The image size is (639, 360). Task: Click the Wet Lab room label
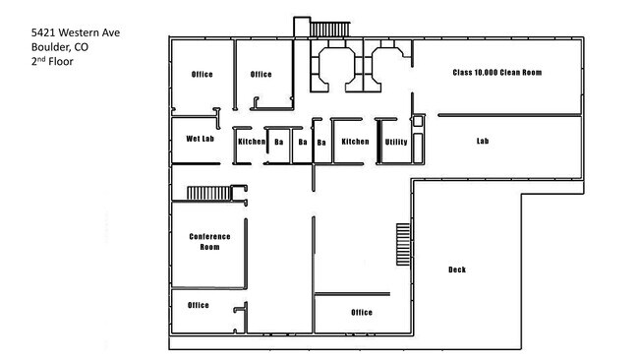point(201,139)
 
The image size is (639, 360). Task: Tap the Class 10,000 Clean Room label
point(497,73)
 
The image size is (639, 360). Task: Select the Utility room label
point(396,142)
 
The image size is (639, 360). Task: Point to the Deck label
point(457,270)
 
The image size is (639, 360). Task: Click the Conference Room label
point(209,242)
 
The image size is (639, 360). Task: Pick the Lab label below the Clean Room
point(483,141)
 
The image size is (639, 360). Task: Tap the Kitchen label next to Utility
point(355,142)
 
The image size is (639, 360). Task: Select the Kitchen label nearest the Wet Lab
point(252,142)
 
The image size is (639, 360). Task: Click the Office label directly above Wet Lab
point(203,74)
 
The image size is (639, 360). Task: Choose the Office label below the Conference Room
point(198,305)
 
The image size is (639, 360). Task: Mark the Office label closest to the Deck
point(362,313)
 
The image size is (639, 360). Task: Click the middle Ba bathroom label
point(303,142)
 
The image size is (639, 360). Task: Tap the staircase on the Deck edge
point(403,244)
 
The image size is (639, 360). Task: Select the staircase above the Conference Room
point(209,193)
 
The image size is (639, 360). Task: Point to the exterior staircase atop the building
point(329,29)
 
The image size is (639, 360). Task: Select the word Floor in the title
point(61,62)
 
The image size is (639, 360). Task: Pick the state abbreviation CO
point(81,47)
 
